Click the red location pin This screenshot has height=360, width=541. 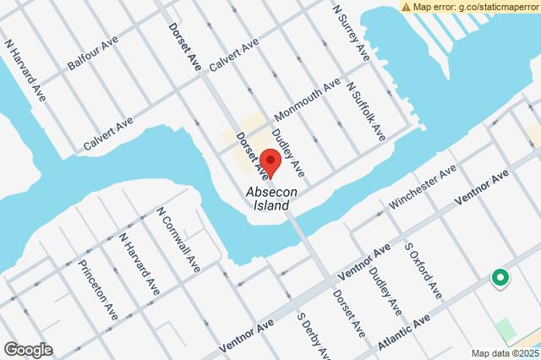[x=270, y=161]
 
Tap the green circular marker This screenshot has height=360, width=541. [x=500, y=276]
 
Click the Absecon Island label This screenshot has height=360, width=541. [x=270, y=199]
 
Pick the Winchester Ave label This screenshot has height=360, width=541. [x=422, y=188]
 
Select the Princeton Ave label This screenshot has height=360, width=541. [x=98, y=289]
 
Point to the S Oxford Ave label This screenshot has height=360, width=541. [x=423, y=270]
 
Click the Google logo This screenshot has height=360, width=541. [x=28, y=349]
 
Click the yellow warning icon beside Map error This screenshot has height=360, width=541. [x=407, y=7]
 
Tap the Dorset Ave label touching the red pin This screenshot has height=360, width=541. [x=253, y=155]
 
